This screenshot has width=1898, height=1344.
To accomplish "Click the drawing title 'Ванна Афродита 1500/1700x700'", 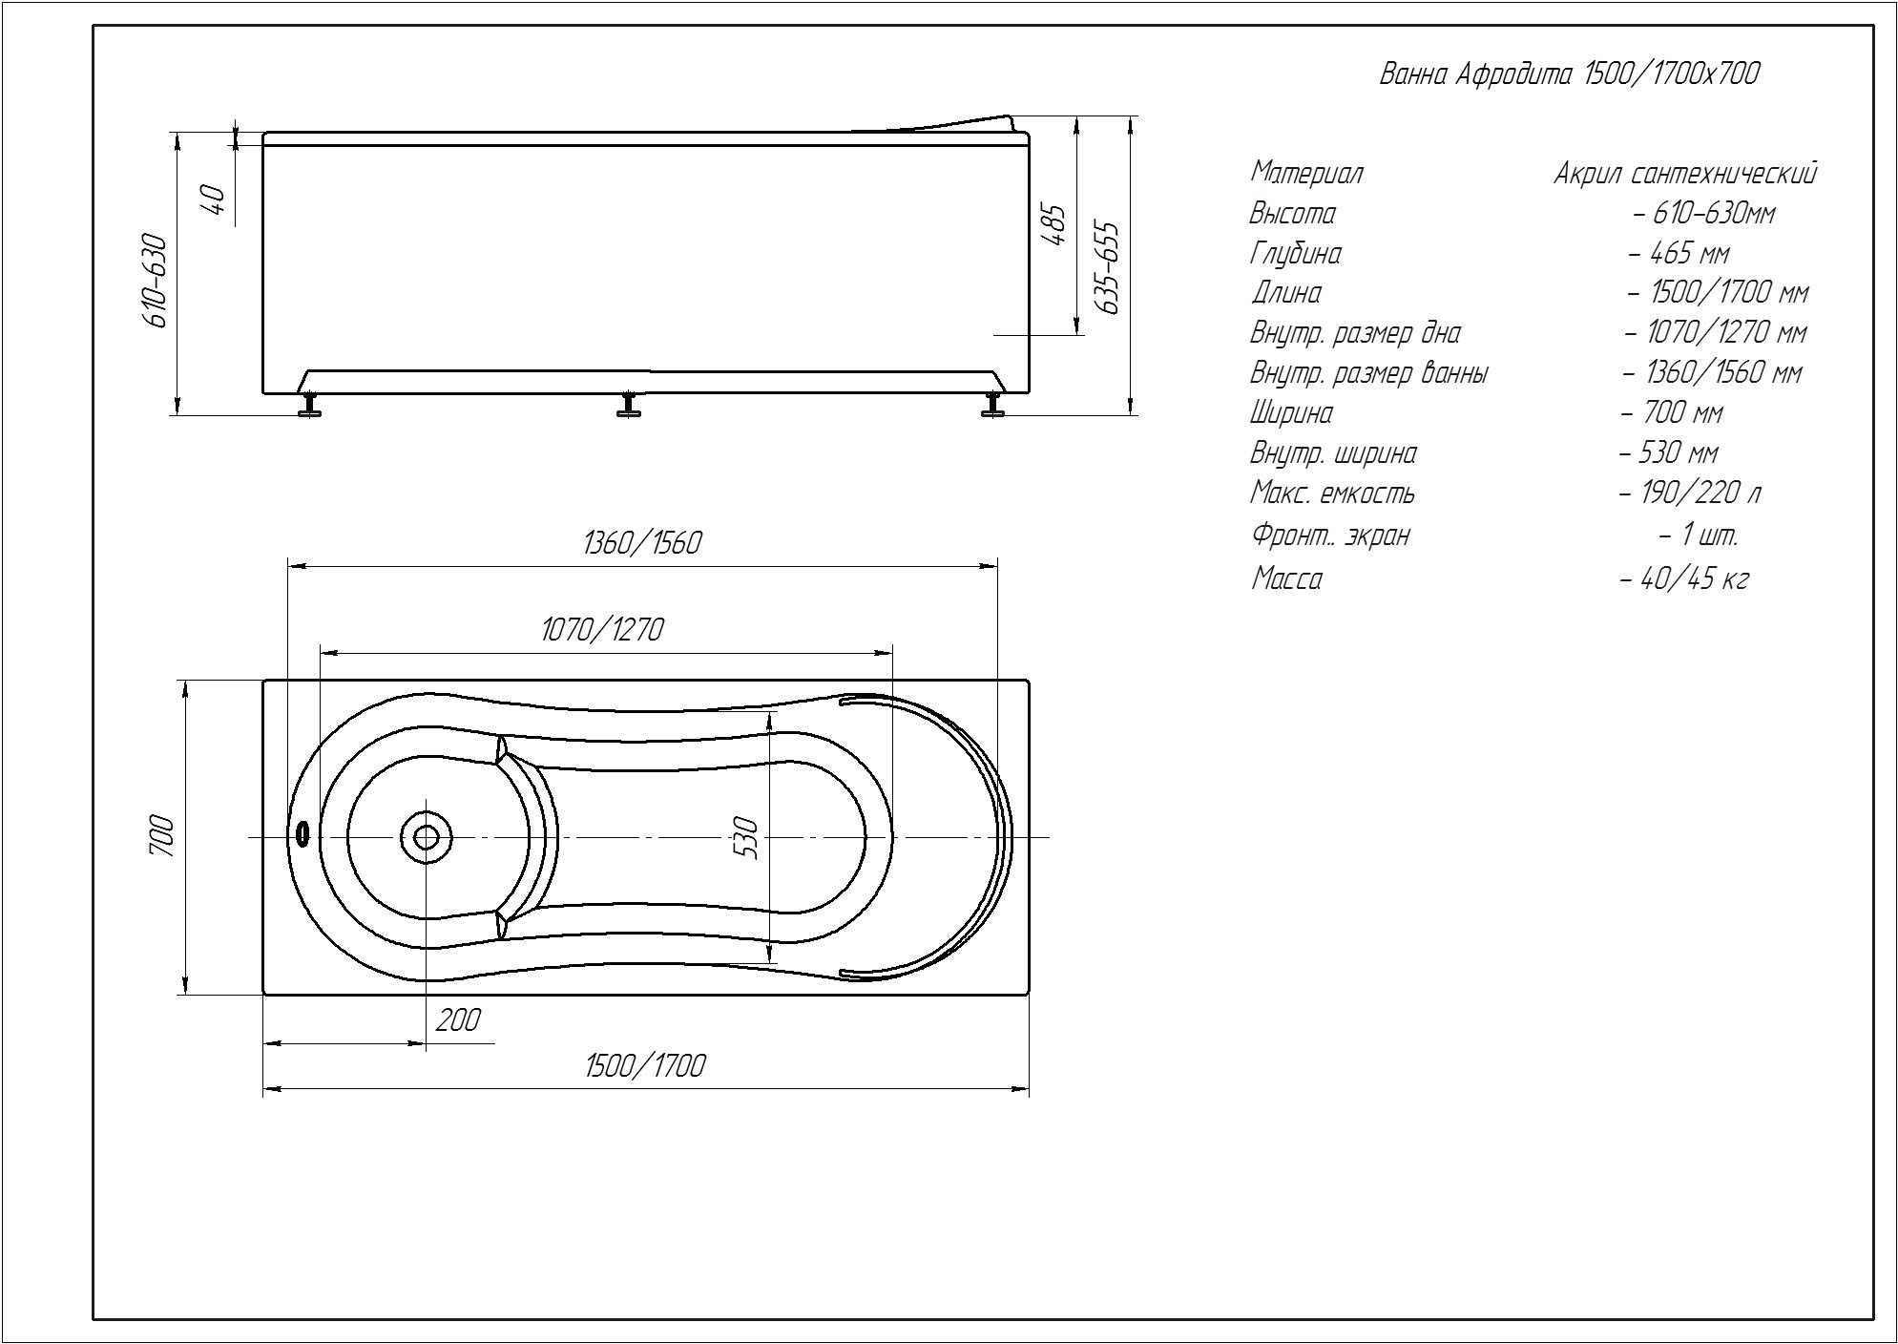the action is pyautogui.click(x=1570, y=74).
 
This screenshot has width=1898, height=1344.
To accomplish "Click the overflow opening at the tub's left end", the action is pyautogui.click(x=303, y=834).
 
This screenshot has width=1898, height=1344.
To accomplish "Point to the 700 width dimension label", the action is pyautogui.click(x=162, y=836).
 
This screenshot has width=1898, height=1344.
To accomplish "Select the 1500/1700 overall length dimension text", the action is pyautogui.click(x=645, y=1065).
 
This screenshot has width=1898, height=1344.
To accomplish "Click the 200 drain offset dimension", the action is pyautogui.click(x=458, y=1019).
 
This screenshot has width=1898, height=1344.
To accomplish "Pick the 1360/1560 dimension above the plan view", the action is pyautogui.click(x=641, y=543).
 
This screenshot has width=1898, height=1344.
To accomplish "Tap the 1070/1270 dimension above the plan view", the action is pyautogui.click(x=602, y=630).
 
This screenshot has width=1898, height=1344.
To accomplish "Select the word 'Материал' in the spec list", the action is pyautogui.click(x=1306, y=174).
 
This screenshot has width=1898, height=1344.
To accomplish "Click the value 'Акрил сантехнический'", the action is pyautogui.click(x=1685, y=174).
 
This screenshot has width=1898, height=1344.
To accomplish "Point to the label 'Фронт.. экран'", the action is pyautogui.click(x=1329, y=535).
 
